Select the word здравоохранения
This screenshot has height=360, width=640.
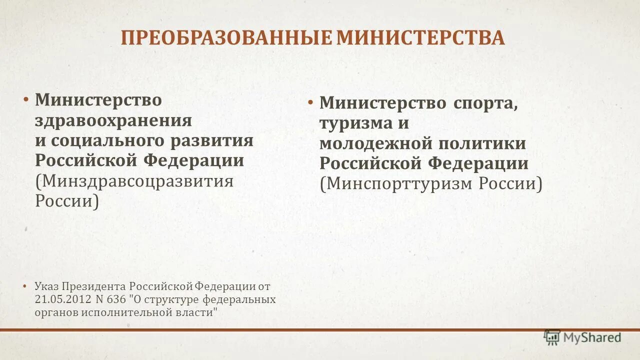113,120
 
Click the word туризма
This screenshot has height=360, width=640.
352,123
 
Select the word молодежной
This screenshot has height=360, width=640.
375,143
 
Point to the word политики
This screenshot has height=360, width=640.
482,143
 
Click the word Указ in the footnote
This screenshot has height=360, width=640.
47,286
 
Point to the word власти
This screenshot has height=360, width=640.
199,312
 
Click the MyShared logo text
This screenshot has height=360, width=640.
592,338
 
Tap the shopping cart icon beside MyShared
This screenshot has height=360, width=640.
552,337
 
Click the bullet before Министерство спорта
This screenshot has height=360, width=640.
310,103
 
